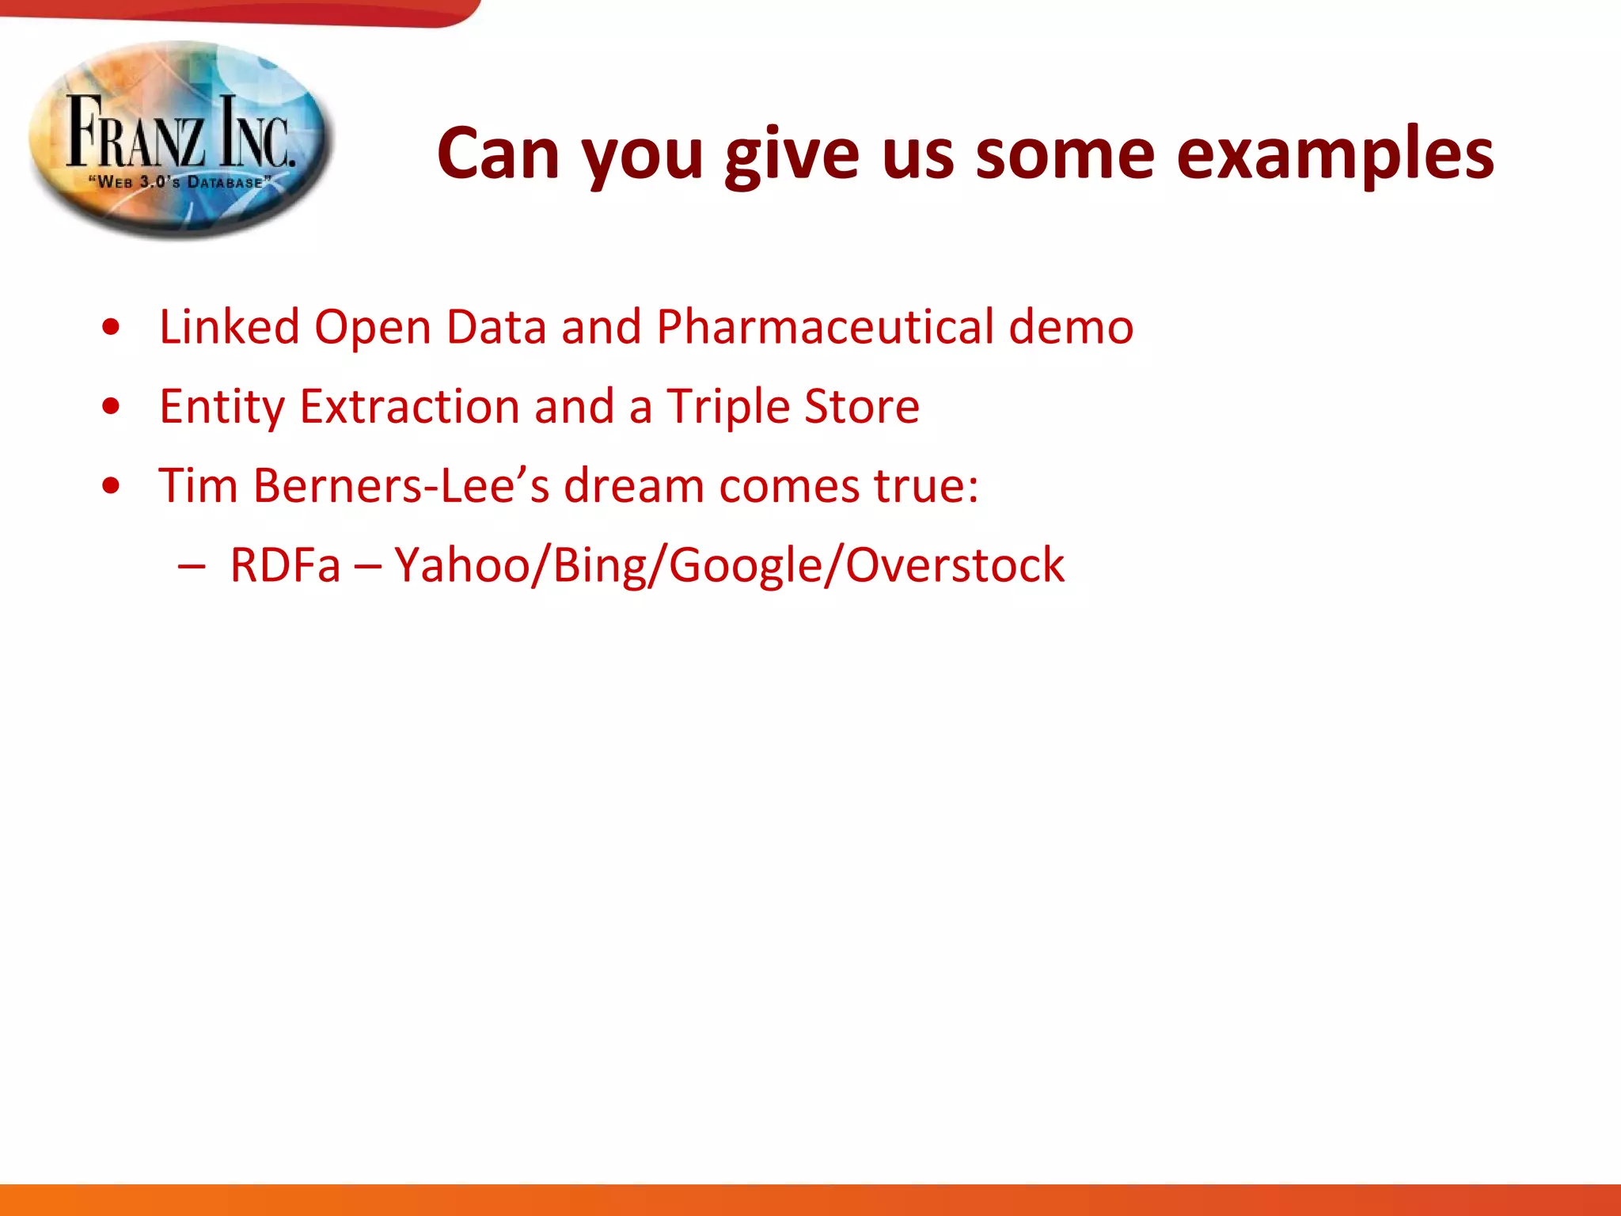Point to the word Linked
click(229, 327)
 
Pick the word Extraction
click(409, 407)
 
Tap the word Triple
click(727, 407)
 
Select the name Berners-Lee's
click(401, 485)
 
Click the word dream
click(633, 485)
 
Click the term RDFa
click(285, 565)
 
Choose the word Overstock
click(955, 565)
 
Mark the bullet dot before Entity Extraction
click(111, 407)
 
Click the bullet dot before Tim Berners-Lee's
click(111, 486)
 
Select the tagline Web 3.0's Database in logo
click(180, 182)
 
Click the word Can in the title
click(498, 154)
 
